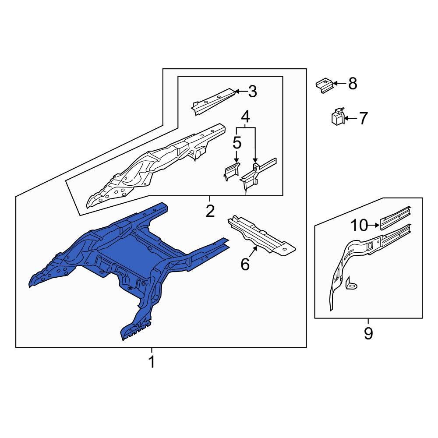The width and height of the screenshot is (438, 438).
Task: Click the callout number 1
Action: point(152,362)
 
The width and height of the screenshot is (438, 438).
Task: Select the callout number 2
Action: point(210,211)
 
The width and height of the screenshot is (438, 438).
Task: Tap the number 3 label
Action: point(253,92)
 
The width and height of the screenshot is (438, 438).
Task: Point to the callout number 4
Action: point(246,117)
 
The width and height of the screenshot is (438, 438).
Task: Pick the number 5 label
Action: point(237,143)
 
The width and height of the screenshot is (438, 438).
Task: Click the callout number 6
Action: point(245,264)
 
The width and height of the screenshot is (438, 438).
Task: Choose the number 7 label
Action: point(363,118)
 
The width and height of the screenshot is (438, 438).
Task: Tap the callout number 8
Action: point(353,83)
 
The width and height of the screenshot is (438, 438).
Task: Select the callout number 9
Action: point(368,333)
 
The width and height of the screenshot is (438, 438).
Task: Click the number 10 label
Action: point(360,225)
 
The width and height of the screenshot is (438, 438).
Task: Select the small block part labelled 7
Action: point(337,117)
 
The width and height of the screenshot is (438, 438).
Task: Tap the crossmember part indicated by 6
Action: point(261,236)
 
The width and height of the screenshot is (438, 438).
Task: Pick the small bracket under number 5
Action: point(231,171)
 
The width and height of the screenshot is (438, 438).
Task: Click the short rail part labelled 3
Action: point(213,101)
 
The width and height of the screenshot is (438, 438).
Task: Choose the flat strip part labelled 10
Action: point(395,218)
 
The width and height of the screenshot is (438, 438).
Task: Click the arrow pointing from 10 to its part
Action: point(374,225)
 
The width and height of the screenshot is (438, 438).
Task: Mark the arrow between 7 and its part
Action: point(350,118)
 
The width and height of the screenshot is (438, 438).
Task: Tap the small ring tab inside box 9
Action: point(351,284)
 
